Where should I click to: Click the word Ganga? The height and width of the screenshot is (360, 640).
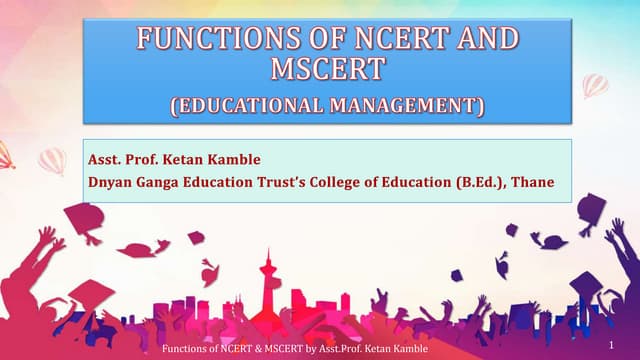[x=161, y=183]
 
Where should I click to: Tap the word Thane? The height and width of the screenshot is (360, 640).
[x=534, y=183]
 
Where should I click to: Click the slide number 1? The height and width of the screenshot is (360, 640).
[x=609, y=343]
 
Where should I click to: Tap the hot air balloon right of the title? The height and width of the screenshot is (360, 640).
[x=596, y=86]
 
